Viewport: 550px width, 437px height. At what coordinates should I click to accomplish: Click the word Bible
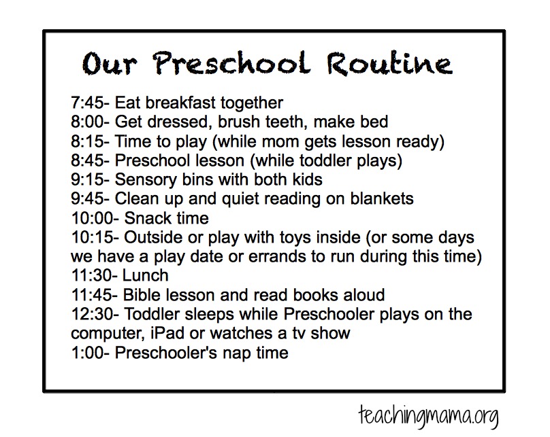point(140,296)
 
